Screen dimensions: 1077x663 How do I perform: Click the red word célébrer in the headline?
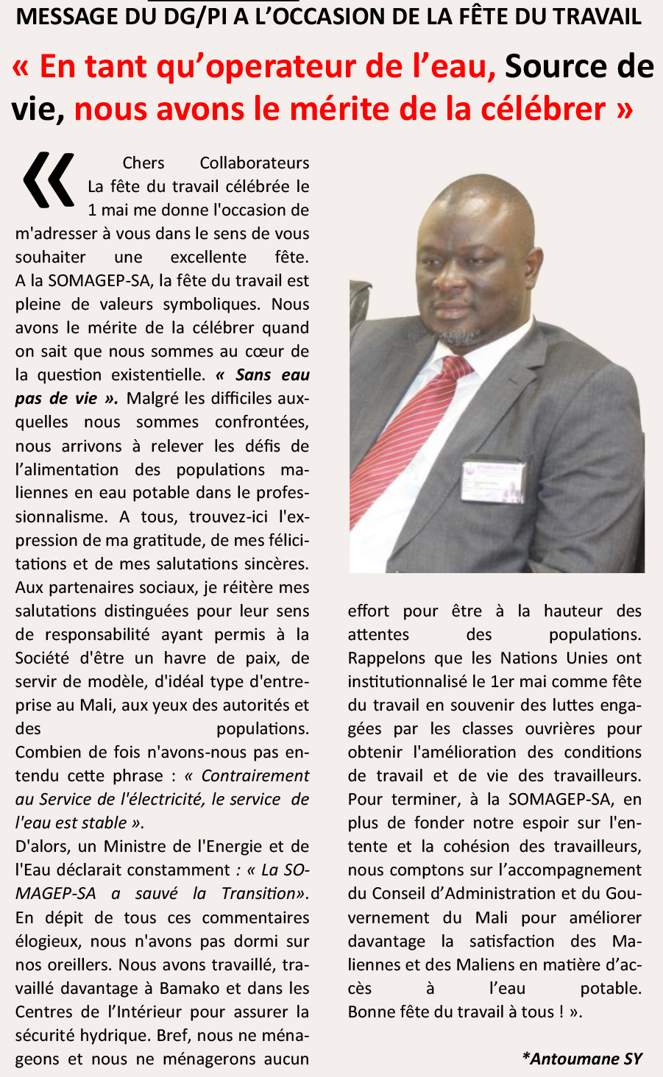[x=543, y=110]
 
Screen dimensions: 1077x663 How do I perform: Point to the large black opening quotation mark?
[x=49, y=179]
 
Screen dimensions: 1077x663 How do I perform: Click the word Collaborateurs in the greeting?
[x=255, y=163]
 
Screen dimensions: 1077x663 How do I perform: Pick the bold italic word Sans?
[x=254, y=375]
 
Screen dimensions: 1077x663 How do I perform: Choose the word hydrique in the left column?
[x=121, y=1035]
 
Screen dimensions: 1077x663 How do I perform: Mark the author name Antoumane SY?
[x=582, y=1059]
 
